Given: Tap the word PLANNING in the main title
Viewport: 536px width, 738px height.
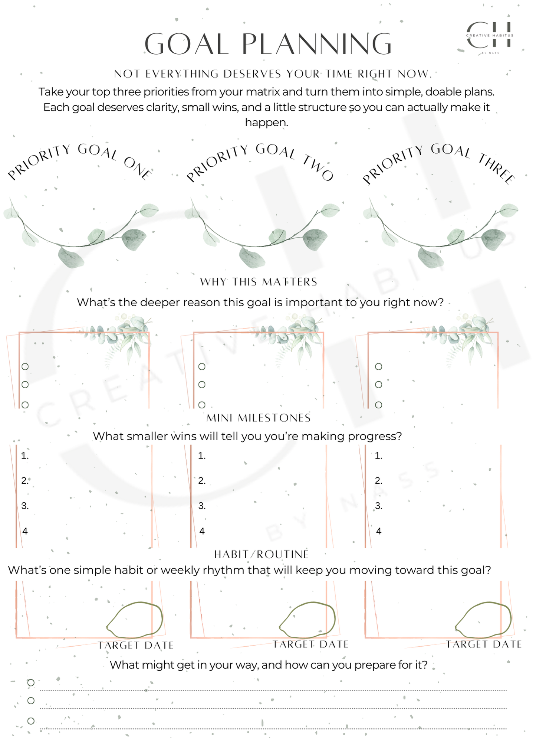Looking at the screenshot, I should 317,44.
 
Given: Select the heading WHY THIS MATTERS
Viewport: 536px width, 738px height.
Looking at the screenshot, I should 259,282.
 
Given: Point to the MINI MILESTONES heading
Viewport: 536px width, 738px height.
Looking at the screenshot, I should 259,418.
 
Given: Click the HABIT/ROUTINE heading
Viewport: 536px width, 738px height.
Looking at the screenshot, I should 262,554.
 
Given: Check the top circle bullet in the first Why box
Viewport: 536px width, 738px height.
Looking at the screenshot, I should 25,367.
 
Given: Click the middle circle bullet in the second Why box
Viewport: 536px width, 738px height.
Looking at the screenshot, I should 202,385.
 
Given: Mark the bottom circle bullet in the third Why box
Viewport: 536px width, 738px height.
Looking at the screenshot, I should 378,405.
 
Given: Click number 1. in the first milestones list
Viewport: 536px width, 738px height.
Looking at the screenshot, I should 25,455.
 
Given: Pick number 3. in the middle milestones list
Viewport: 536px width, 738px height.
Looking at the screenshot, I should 202,506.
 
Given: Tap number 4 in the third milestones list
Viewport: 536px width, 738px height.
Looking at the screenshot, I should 379,531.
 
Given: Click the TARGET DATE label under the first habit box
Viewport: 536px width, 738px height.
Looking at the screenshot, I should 136,645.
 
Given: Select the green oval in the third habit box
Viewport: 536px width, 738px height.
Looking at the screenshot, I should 484,618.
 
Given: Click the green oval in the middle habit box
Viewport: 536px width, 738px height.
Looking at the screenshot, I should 308,618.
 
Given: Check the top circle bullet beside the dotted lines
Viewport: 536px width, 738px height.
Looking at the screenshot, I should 31,682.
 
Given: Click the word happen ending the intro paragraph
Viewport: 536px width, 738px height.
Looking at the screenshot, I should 266,122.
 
